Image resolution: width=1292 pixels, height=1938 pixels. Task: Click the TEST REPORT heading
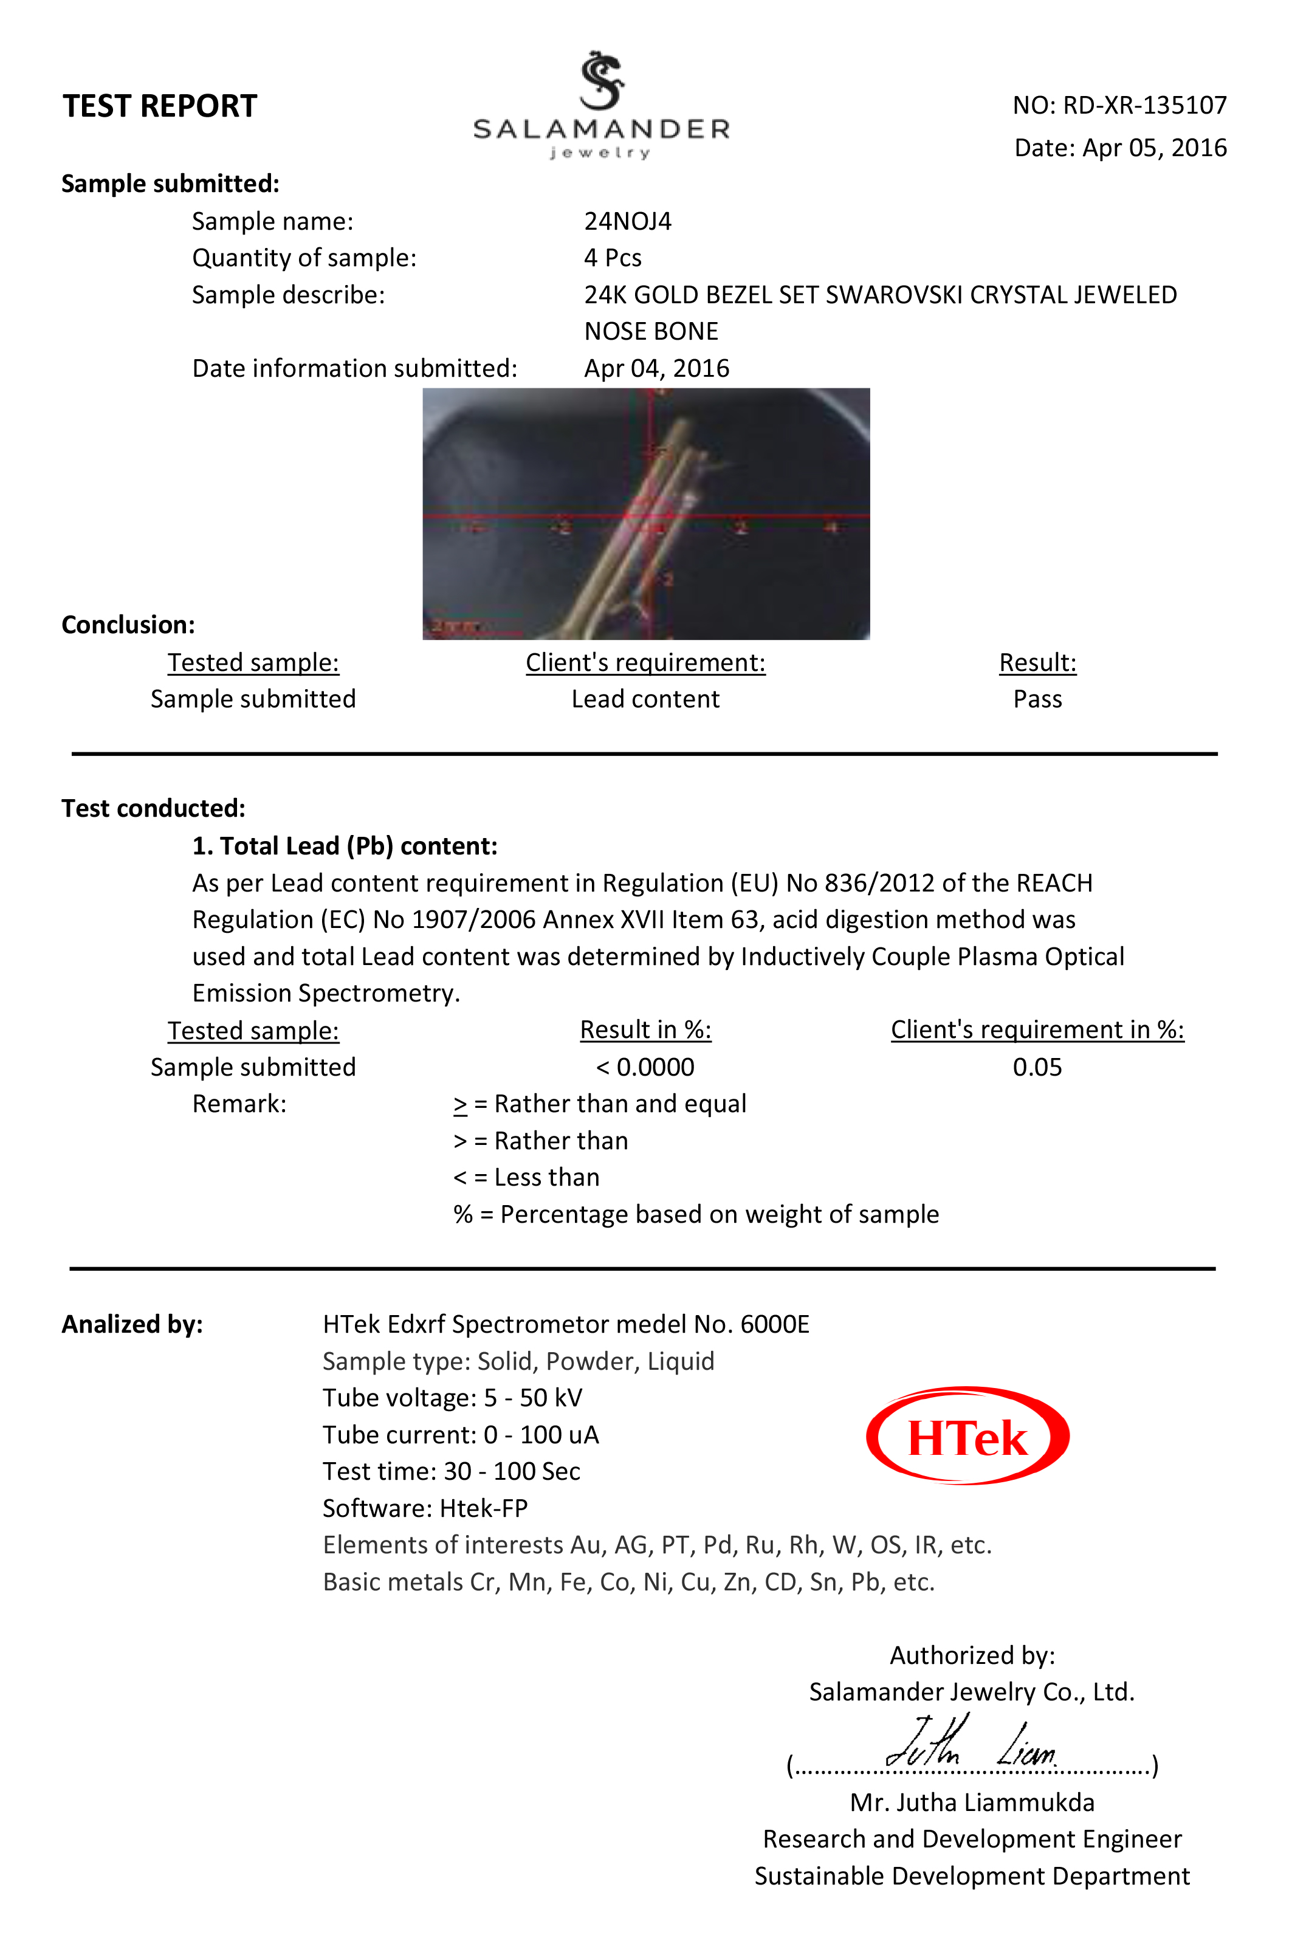click(x=160, y=106)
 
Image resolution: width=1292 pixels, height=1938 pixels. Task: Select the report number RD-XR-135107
click(x=1144, y=106)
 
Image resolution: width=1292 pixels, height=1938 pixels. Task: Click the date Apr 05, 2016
click(x=1153, y=148)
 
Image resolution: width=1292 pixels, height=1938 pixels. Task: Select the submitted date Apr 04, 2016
click(x=657, y=368)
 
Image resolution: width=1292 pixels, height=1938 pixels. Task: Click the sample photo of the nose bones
click(x=646, y=514)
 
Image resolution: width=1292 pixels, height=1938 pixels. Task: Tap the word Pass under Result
click(x=1037, y=699)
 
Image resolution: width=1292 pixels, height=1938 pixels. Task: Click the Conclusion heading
click(x=129, y=625)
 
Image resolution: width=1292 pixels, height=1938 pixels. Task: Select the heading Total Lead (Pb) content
click(x=345, y=846)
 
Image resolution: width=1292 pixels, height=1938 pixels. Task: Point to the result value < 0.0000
click(x=645, y=1067)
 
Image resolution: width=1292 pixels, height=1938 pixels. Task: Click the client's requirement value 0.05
click(x=1037, y=1067)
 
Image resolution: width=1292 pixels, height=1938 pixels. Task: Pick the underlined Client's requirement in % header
click(x=1037, y=1030)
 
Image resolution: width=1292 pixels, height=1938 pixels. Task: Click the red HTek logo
click(x=967, y=1436)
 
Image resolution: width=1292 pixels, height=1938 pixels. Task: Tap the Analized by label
click(x=132, y=1324)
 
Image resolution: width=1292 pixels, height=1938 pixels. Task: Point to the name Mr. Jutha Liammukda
click(x=972, y=1803)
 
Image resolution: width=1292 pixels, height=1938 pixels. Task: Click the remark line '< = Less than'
click(x=526, y=1178)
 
